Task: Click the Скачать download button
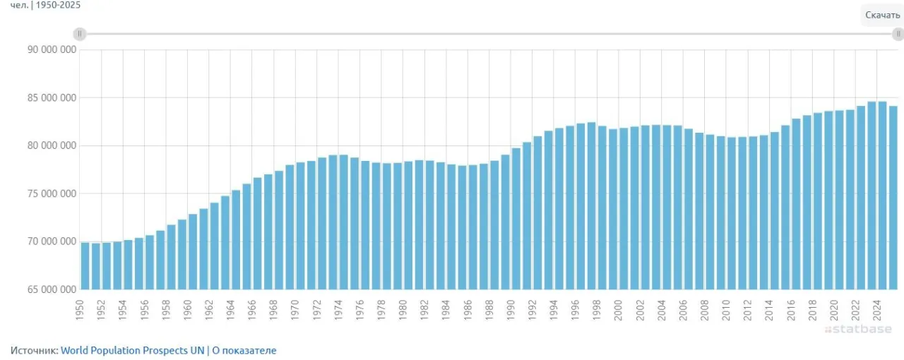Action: click(x=883, y=16)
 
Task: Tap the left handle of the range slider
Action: click(x=80, y=34)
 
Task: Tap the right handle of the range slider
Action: click(x=898, y=34)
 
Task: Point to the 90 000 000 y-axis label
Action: click(x=52, y=49)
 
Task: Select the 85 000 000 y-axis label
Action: click(x=52, y=97)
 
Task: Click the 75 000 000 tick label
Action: click(x=52, y=193)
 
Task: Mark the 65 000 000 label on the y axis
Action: click(x=52, y=289)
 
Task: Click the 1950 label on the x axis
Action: click(x=80, y=310)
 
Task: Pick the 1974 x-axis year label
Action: click(x=338, y=310)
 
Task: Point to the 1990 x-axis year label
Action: click(x=511, y=310)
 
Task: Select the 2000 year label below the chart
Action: click(x=618, y=310)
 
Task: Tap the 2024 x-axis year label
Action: click(x=876, y=310)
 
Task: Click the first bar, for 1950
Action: click(x=85, y=266)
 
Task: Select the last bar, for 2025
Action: click(x=893, y=198)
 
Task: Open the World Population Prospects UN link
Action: click(x=132, y=350)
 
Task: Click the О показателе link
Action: click(x=244, y=350)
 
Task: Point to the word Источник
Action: click(x=35, y=350)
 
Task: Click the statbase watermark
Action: click(x=858, y=330)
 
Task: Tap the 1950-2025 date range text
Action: click(x=58, y=5)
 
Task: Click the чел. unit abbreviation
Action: click(x=19, y=5)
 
